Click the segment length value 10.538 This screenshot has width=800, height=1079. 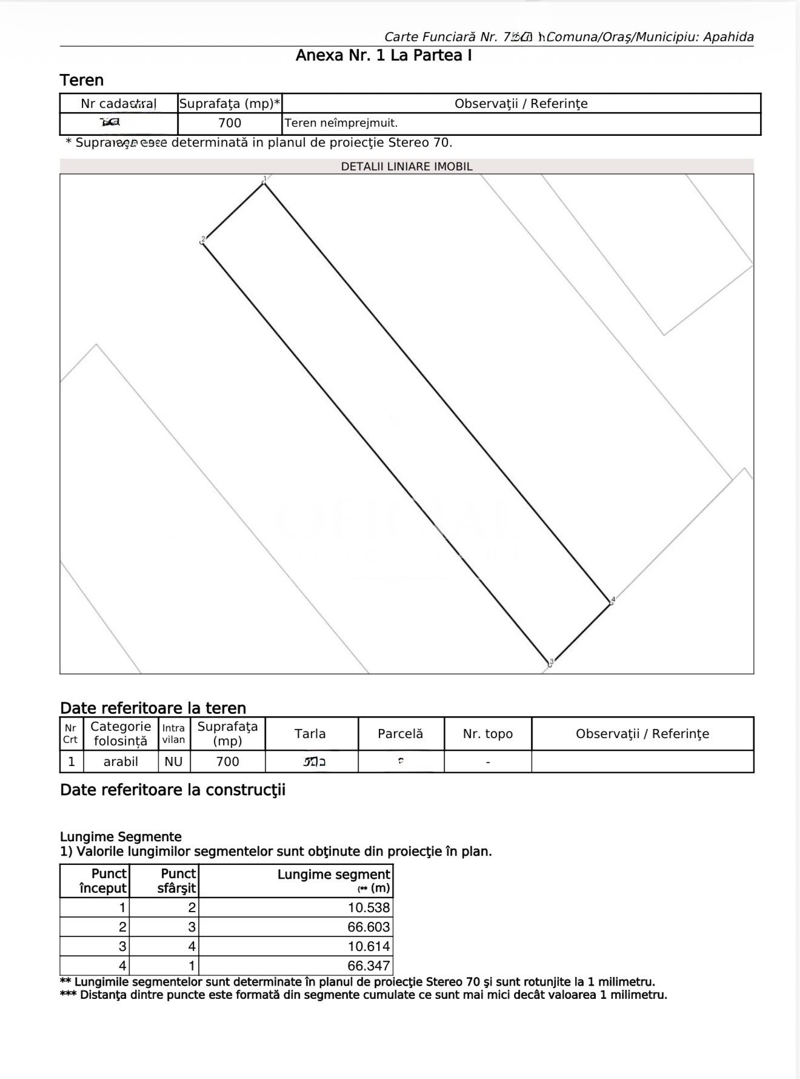[368, 907]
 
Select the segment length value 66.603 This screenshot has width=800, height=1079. [368, 927]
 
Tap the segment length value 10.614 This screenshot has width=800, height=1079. [368, 946]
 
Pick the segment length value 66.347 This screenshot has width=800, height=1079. [368, 966]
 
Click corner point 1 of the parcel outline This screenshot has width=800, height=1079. [264, 183]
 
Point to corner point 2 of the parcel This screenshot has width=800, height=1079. [202, 242]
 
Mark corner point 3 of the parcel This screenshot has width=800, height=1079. [550, 664]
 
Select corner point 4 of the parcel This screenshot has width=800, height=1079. [611, 602]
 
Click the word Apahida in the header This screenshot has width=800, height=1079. [728, 37]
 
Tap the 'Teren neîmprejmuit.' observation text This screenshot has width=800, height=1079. [341, 123]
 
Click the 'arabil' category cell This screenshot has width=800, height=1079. [121, 762]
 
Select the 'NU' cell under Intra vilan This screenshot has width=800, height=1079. [173, 762]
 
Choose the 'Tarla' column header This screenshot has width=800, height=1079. [310, 734]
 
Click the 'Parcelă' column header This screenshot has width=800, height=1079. [401, 734]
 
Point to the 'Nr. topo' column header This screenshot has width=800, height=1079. [488, 734]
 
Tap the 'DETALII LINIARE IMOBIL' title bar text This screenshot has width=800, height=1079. [407, 167]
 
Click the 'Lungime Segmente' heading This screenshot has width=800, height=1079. [121, 837]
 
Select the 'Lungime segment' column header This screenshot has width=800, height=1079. [334, 875]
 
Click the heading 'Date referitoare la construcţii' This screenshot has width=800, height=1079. [173, 790]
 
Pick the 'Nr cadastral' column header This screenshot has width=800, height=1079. [118, 104]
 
